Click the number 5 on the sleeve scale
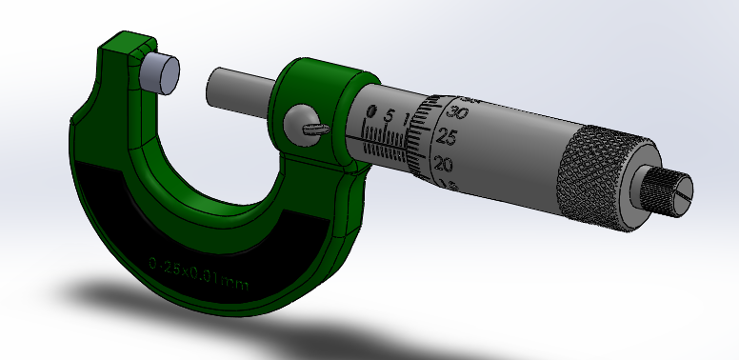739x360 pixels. [389, 116]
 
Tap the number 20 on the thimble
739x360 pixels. [442, 164]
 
